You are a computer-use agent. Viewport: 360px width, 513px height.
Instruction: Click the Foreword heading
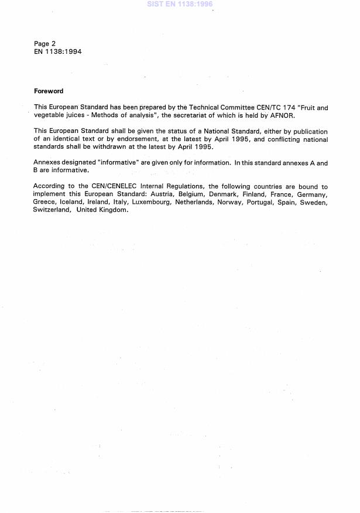click(49, 91)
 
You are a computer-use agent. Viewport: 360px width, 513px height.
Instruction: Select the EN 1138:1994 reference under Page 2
click(57, 52)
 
